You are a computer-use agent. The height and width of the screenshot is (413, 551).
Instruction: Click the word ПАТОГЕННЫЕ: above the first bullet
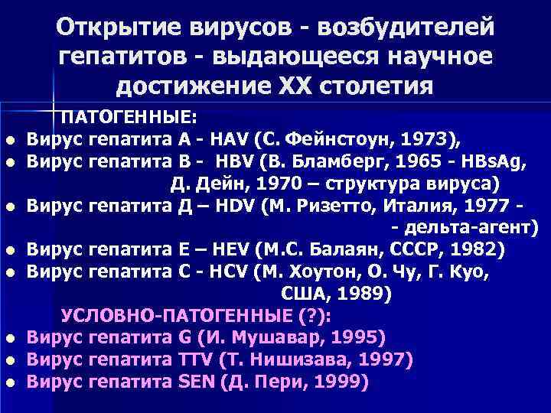pyautogui.click(x=129, y=117)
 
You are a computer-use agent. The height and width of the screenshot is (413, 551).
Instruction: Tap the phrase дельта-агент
pyautogui.click(x=468, y=228)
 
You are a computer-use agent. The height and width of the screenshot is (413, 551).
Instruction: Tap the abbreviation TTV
pyautogui.click(x=192, y=359)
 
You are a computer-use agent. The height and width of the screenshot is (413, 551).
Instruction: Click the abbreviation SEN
pyautogui.click(x=195, y=382)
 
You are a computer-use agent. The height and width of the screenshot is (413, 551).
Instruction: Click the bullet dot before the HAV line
pyautogui.click(x=13, y=141)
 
